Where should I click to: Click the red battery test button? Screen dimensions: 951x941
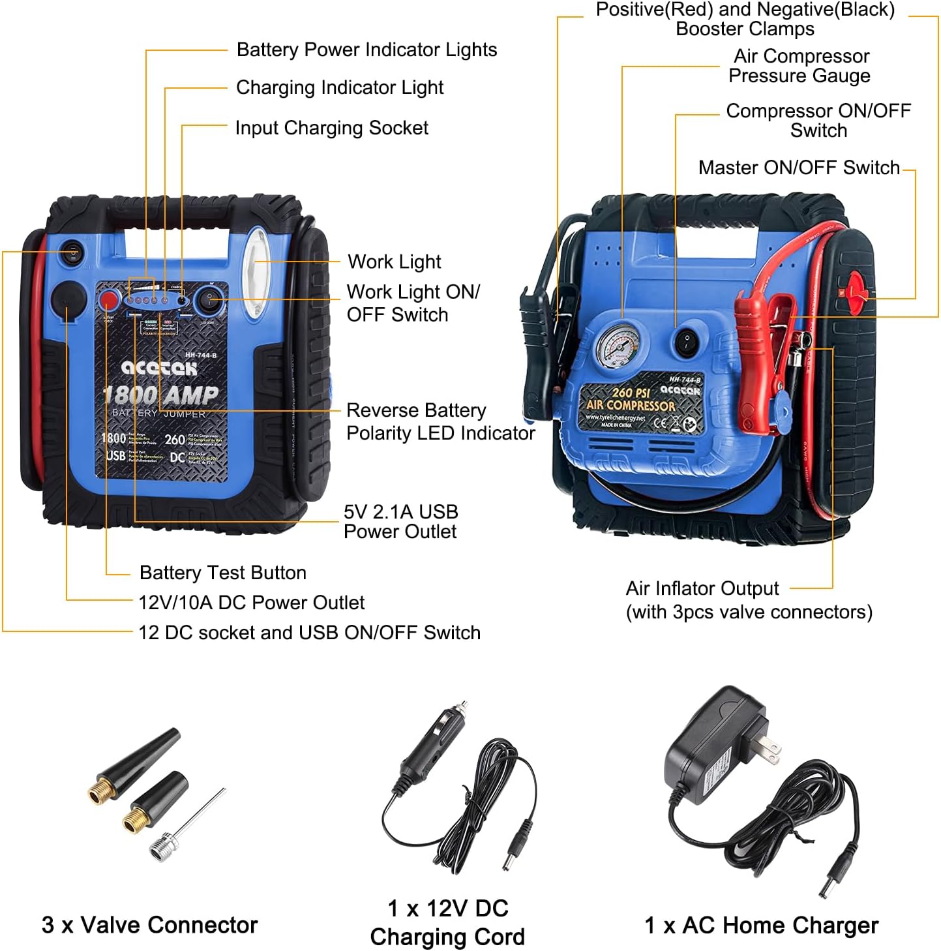[108, 301]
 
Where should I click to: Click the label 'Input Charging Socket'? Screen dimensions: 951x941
[331, 128]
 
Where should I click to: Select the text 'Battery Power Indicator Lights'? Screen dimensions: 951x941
[366, 50]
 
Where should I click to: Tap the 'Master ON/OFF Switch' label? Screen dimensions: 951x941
[798, 168]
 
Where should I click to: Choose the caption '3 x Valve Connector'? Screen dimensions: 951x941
[149, 925]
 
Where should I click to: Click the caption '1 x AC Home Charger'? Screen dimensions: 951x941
[761, 926]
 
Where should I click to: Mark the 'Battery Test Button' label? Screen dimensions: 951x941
[222, 573]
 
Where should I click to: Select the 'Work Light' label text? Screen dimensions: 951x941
[394, 262]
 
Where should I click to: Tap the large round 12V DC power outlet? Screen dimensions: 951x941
[68, 300]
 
